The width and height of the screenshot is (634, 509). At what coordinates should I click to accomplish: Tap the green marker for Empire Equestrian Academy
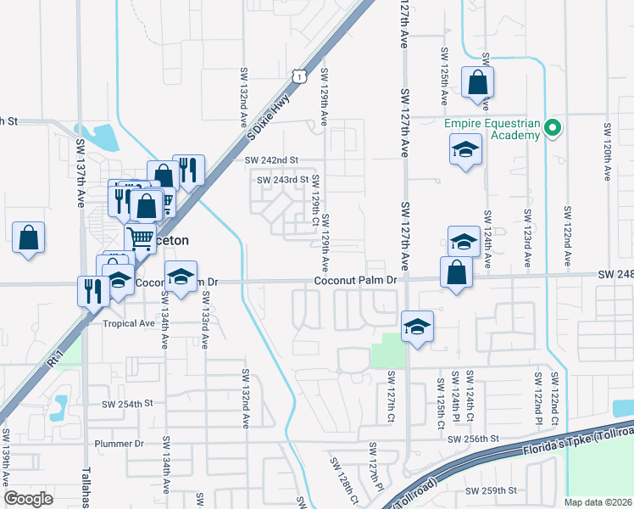[553, 130]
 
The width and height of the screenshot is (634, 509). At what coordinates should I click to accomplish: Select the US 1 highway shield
[298, 77]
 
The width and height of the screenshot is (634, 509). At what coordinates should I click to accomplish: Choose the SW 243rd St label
[282, 180]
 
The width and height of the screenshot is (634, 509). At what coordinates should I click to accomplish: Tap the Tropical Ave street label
[129, 323]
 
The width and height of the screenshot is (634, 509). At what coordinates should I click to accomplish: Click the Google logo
[29, 499]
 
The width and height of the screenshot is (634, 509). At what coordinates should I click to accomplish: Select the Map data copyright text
[598, 502]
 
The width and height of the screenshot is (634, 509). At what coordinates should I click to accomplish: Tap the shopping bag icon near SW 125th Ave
[477, 83]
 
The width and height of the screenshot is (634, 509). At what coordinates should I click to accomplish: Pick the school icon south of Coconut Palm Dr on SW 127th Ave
[417, 326]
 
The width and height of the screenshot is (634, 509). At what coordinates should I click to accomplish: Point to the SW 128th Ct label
[341, 477]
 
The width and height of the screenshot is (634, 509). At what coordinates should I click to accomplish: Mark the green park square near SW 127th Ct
[387, 350]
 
